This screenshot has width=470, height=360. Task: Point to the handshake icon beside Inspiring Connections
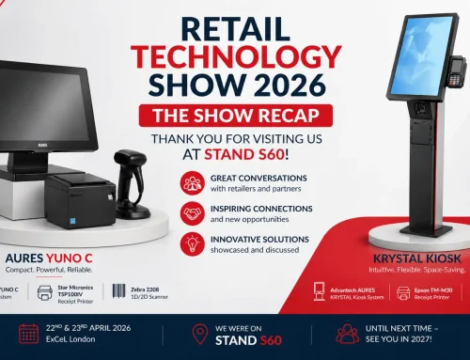click(x=194, y=213)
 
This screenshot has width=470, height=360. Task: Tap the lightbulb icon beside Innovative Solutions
click(x=194, y=245)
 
